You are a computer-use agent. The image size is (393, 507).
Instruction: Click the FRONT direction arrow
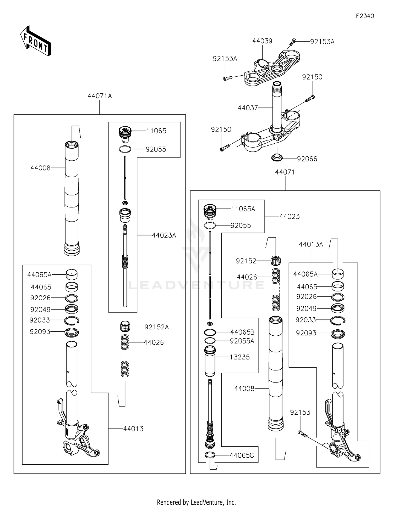(x=35, y=41)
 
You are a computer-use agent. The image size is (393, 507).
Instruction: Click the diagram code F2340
(x=365, y=16)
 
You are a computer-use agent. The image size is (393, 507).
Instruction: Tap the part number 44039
(x=262, y=41)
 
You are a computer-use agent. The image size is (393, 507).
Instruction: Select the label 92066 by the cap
(x=307, y=159)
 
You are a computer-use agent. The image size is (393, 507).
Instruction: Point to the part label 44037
(x=248, y=108)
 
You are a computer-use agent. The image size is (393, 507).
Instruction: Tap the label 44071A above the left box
(x=100, y=96)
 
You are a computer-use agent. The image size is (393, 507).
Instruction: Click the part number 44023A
(x=164, y=235)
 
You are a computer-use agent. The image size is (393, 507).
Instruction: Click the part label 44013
(x=133, y=429)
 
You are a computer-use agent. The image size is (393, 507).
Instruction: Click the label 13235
(x=239, y=357)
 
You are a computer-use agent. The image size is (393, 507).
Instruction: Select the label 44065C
(x=242, y=455)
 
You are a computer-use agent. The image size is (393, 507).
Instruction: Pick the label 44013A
(x=311, y=244)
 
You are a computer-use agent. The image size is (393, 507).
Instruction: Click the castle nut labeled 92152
(x=275, y=261)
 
